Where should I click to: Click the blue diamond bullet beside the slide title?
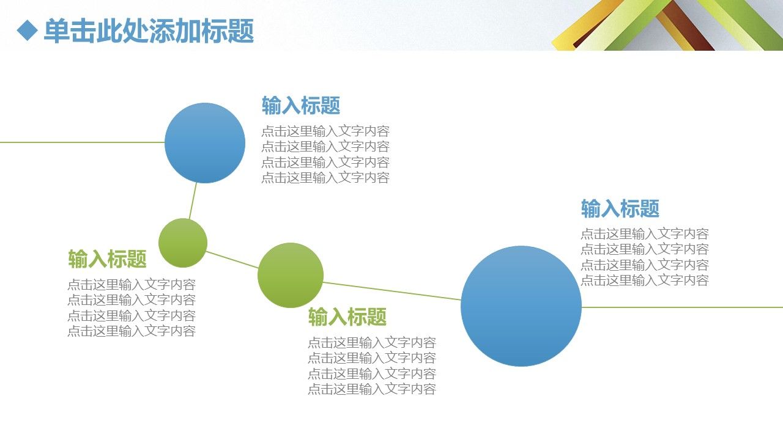coord(28,31)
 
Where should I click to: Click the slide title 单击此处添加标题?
coord(149,31)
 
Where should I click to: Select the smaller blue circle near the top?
coord(205,143)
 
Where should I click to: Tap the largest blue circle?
coord(521,306)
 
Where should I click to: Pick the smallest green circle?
coord(183,243)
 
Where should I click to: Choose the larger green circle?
coord(291,275)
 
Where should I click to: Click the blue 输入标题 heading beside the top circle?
coord(301,106)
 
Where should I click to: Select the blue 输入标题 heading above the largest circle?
coord(620,208)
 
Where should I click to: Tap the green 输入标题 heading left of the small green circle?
coord(107,258)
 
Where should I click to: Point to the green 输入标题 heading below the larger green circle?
coord(347,317)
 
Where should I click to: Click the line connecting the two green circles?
coord(232,260)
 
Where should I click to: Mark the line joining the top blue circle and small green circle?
coord(193,201)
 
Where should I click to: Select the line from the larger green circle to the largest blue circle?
coord(392,291)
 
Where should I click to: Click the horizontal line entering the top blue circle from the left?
coord(82,142)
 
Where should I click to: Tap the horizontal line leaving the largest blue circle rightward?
coord(682,307)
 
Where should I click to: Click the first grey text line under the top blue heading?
coord(325,131)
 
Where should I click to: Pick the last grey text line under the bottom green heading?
coord(372,389)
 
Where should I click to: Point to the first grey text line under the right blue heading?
coord(645,233)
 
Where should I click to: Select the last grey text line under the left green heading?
coord(132,331)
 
